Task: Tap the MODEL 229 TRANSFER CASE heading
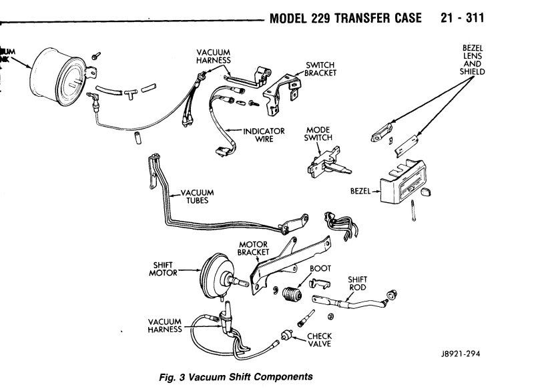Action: click(345, 18)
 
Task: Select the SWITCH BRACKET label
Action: click(319, 69)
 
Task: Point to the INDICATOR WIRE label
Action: click(264, 135)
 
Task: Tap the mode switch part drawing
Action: click(326, 162)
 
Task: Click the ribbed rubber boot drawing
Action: click(291, 295)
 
